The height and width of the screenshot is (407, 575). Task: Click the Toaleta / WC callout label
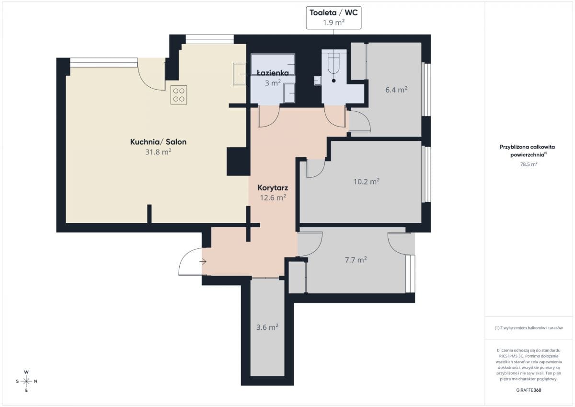(333, 18)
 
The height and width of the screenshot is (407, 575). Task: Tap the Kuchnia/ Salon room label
(159, 142)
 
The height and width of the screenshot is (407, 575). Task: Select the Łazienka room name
(273, 73)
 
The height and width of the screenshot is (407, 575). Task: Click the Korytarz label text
(273, 188)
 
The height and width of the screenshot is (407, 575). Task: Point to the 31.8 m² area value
(159, 152)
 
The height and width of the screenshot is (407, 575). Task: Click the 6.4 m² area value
(396, 90)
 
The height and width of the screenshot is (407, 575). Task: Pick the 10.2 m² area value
(366, 182)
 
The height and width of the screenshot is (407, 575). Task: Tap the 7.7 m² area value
(356, 260)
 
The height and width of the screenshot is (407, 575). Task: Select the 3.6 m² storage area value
(267, 327)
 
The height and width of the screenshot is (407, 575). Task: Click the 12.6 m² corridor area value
(273, 198)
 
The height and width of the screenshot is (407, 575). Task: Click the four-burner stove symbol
(179, 95)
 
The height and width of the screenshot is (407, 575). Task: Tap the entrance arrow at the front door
(203, 262)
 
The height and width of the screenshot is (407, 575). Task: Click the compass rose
(26, 381)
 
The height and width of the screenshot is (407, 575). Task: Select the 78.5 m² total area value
(529, 164)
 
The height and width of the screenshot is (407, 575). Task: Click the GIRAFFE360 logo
(529, 390)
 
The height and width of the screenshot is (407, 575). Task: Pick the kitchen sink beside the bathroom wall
(239, 74)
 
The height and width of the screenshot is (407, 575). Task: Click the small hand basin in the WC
(318, 81)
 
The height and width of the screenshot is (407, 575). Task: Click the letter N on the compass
(35, 381)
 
